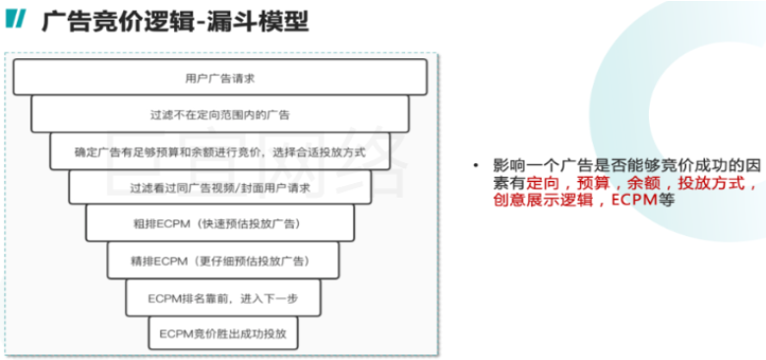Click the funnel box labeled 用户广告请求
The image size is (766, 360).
pos(220,77)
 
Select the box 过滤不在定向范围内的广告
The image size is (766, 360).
pos(220,114)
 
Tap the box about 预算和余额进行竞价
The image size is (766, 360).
pos(220,151)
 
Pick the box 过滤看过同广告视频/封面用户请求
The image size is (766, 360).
pos(220,187)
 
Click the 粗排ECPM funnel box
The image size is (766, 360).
pos(220,223)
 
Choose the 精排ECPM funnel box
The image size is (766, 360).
pos(220,260)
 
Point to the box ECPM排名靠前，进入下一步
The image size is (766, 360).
pos(220,296)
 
